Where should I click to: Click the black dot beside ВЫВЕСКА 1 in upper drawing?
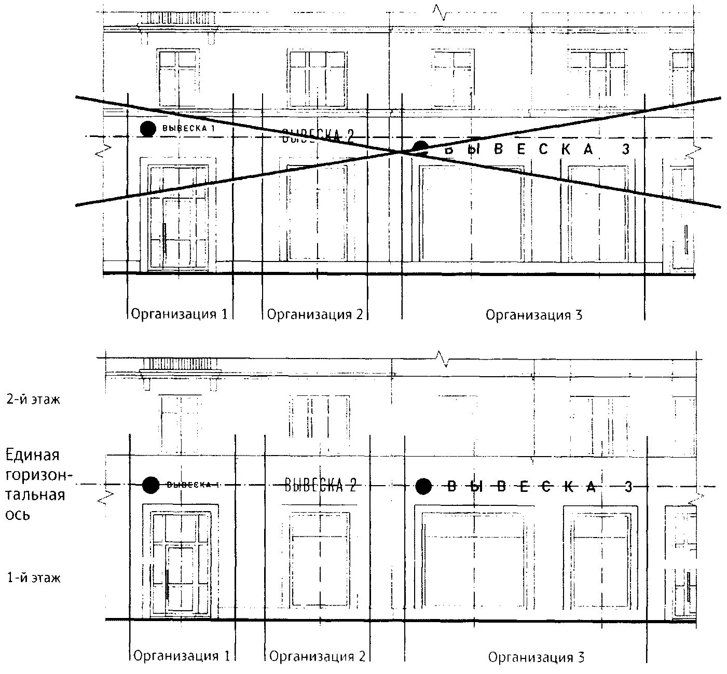(x=148, y=128)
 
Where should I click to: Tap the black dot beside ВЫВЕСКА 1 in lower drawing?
(x=151, y=485)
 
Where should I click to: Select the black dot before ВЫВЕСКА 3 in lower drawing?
(x=423, y=486)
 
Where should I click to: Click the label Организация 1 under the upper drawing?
(x=179, y=314)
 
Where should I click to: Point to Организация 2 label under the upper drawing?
(x=314, y=314)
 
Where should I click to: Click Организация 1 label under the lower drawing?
(x=182, y=656)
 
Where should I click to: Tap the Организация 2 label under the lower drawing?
(x=318, y=656)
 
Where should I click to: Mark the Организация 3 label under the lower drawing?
(x=536, y=657)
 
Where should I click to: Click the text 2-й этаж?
(x=34, y=400)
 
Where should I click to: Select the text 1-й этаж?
(x=34, y=577)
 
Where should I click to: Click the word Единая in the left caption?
(x=32, y=456)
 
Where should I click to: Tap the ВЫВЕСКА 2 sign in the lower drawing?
(x=320, y=485)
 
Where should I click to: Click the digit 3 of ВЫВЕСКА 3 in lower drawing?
(x=628, y=487)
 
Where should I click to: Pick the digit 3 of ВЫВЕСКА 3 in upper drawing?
(x=626, y=149)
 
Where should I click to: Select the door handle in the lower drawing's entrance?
(x=167, y=585)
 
